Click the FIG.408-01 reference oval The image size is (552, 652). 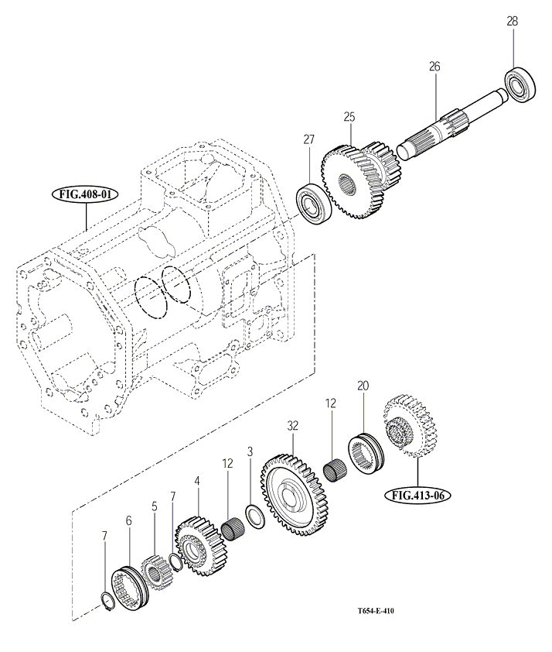[84, 194]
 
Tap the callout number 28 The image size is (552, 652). [513, 22]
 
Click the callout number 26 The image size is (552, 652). [434, 67]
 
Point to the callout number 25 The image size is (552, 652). [349, 117]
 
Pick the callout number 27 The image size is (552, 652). [309, 139]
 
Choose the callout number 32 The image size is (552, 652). [292, 425]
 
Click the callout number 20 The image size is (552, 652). [363, 385]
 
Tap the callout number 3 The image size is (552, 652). [250, 451]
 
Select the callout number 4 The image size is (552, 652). [197, 481]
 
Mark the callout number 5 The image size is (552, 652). [154, 506]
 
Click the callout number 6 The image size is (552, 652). [128, 521]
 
